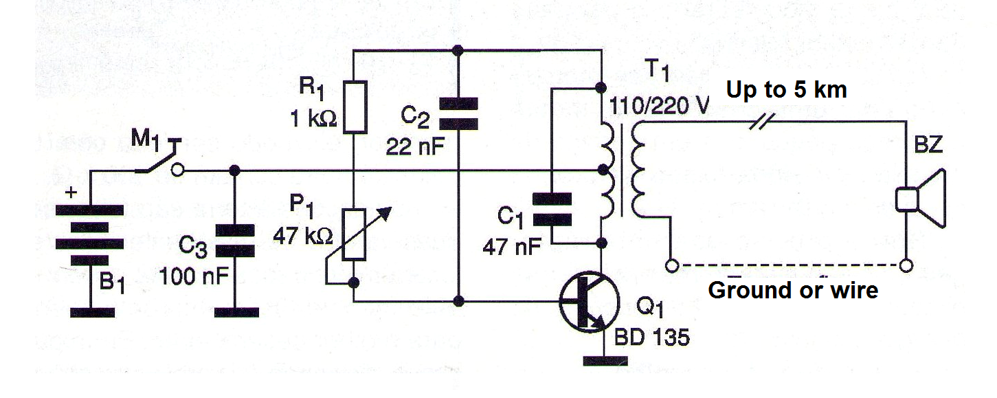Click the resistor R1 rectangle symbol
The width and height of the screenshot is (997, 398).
[x=355, y=107]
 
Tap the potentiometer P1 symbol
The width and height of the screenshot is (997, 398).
[x=355, y=234]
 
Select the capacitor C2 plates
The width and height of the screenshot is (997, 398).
[x=458, y=114]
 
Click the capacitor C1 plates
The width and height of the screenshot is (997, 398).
[x=552, y=209]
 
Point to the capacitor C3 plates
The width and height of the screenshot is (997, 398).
[x=235, y=241]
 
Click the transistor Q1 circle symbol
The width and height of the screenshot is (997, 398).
[x=589, y=302]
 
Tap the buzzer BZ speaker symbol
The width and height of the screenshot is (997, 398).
[x=921, y=198]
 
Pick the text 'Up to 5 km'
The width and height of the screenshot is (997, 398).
[x=787, y=90]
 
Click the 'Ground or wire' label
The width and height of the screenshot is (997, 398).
[x=793, y=291]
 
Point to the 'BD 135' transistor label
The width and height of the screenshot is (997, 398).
[x=651, y=337]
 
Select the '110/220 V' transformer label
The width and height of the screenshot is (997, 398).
[x=658, y=106]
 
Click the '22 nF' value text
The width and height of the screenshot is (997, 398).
[x=415, y=147]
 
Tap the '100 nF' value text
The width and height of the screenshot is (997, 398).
[x=194, y=276]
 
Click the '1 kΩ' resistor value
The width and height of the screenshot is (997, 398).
[x=313, y=119]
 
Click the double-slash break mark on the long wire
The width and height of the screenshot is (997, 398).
[x=762, y=121]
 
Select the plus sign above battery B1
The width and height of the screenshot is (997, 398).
[x=71, y=192]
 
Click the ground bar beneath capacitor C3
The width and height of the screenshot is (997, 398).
[x=236, y=313]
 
